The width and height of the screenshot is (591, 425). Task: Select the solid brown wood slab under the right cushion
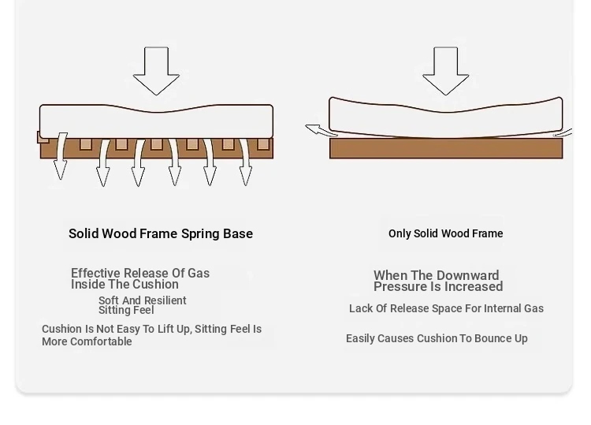click(x=446, y=149)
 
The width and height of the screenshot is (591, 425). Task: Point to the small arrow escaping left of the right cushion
click(x=317, y=130)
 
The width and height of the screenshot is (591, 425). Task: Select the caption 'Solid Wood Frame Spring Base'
click(x=161, y=233)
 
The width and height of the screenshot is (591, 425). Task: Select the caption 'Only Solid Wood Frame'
click(x=445, y=233)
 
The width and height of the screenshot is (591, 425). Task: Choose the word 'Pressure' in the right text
click(x=400, y=287)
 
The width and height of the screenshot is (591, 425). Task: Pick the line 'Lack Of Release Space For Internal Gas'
click(x=446, y=308)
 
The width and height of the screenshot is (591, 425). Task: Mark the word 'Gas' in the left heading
click(x=198, y=274)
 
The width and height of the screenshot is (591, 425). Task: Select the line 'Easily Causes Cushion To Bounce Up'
click(x=437, y=338)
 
